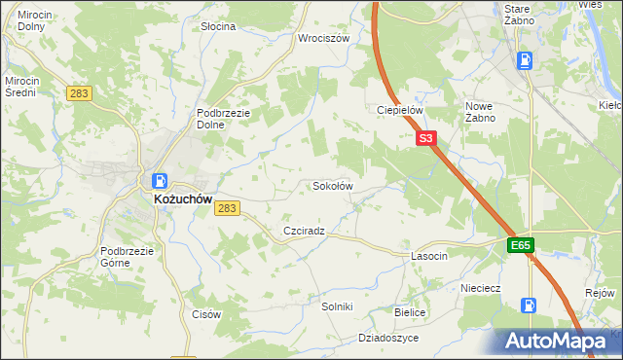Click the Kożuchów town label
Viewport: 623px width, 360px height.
[x=183, y=198]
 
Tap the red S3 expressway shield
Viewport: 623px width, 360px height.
[x=425, y=139]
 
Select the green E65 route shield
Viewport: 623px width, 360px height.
[x=520, y=246]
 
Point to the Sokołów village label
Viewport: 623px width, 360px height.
[x=332, y=185]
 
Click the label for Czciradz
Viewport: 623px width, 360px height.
[x=304, y=231]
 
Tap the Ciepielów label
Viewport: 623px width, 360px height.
[x=400, y=110]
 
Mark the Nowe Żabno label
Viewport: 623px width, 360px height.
[x=481, y=111]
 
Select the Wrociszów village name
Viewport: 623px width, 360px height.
[x=323, y=39]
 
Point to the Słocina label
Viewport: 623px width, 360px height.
[x=218, y=26]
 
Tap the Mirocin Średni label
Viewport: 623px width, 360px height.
[x=20, y=87]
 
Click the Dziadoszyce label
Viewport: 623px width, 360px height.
[x=388, y=338]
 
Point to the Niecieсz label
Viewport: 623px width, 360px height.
[x=481, y=288]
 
